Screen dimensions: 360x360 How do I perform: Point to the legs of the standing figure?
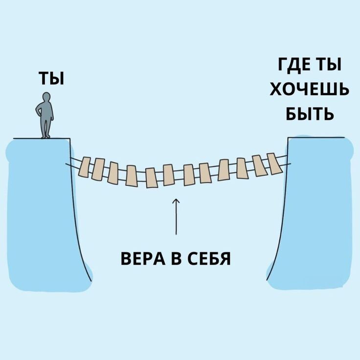tap(46, 127)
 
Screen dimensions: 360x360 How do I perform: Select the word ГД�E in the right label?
tap(295, 65)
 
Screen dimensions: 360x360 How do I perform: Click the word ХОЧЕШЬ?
tap(309, 90)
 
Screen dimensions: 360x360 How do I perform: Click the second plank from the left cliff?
tap(99, 170)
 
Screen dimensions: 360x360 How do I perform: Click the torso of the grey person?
tap(46, 111)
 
